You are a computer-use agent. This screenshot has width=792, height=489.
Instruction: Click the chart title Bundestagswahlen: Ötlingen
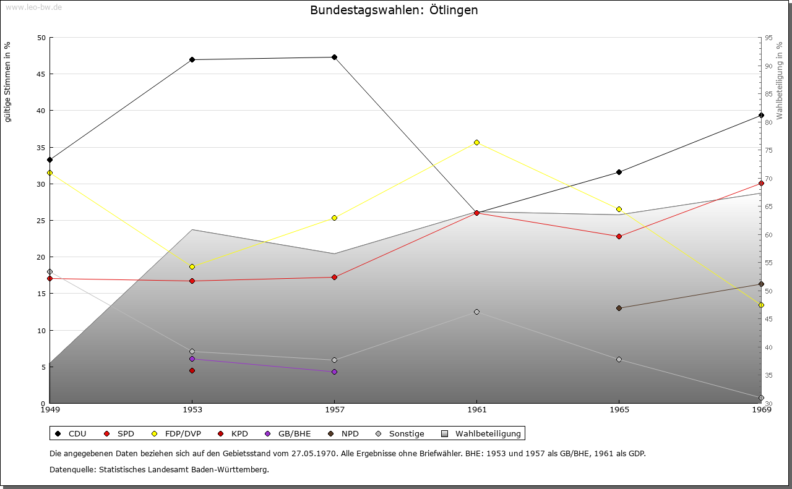point(394,11)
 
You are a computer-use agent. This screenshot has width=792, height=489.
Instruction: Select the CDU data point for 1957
point(334,57)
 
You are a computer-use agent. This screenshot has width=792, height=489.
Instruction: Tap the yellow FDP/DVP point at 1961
point(476,142)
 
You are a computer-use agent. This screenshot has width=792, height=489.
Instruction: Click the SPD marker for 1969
point(761,183)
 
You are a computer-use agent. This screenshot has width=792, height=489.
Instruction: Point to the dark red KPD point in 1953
point(192,370)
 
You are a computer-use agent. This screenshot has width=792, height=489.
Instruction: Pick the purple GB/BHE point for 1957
point(334,372)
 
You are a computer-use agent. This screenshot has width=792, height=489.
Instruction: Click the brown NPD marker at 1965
point(619,308)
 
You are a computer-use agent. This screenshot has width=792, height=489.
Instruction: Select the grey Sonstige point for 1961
point(476,312)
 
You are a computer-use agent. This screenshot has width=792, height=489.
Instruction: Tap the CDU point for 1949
point(49,159)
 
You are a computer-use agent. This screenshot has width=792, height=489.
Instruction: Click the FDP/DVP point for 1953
point(192,266)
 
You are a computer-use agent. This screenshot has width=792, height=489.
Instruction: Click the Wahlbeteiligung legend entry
point(482,433)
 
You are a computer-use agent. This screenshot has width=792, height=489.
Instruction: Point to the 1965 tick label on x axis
point(619,409)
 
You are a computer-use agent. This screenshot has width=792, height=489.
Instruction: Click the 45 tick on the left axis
point(41,74)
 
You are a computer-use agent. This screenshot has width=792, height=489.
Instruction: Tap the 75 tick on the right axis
point(768,150)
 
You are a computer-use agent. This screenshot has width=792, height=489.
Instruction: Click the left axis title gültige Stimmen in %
point(7,82)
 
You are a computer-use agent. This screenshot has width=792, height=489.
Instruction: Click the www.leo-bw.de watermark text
point(33,7)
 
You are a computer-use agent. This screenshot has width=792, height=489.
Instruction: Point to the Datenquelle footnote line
point(159,469)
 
